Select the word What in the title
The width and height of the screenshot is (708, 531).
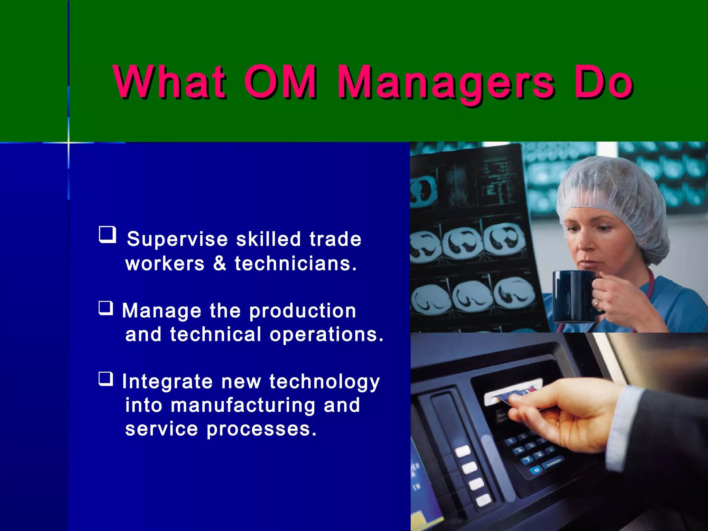pyautogui.click(x=169, y=82)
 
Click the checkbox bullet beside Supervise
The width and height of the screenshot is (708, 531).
pyautogui.click(x=107, y=235)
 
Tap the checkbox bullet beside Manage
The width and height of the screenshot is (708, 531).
pyautogui.click(x=106, y=308)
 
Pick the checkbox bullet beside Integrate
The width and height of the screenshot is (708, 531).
pyautogui.click(x=106, y=379)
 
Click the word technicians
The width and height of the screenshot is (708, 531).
pyautogui.click(x=296, y=263)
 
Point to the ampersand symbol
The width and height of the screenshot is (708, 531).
pyautogui.click(x=220, y=263)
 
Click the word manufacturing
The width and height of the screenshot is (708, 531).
pyautogui.click(x=243, y=405)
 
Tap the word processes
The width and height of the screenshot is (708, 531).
pyautogui.click(x=261, y=430)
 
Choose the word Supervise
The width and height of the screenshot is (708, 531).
pyautogui.click(x=177, y=239)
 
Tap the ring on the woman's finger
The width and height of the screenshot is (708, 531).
pyautogui.click(x=597, y=304)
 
